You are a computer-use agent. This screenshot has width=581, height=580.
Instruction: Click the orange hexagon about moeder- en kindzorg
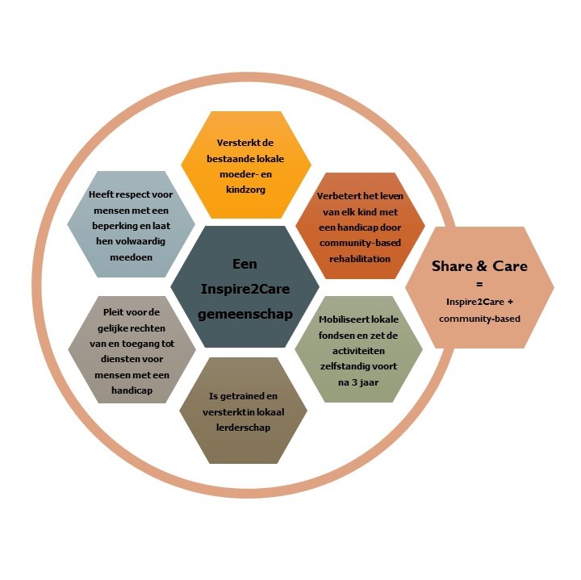pyautogui.click(x=246, y=165)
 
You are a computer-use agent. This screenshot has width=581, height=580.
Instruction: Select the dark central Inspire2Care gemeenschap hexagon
pyautogui.click(x=245, y=286)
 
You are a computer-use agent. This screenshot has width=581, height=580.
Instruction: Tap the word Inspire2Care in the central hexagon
pyautogui.click(x=245, y=289)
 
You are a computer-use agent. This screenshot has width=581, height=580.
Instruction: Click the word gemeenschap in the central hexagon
pyautogui.click(x=245, y=314)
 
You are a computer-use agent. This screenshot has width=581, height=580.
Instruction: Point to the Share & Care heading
pyautogui.click(x=479, y=266)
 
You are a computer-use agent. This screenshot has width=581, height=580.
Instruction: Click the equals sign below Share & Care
pyautogui.click(x=479, y=285)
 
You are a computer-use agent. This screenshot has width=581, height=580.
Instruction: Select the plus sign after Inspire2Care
pyautogui.click(x=510, y=302)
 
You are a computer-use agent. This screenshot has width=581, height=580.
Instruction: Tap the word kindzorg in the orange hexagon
pyautogui.click(x=245, y=190)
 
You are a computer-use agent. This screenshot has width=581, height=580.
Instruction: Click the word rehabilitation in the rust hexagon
pyautogui.click(x=360, y=258)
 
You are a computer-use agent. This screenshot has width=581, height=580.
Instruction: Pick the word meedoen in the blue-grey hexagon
pyautogui.click(x=132, y=257)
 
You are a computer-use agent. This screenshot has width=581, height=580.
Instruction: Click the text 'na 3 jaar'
pyautogui.click(x=358, y=382)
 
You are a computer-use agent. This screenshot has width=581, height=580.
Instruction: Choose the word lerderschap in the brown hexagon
pyautogui.click(x=243, y=428)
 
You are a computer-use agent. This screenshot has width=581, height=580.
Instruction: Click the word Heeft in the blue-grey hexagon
pyautogui.click(x=100, y=194)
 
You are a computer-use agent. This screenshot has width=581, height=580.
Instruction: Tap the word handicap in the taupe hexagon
pyautogui.click(x=132, y=390)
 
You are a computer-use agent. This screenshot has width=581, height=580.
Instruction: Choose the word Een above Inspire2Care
pyautogui.click(x=245, y=264)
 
